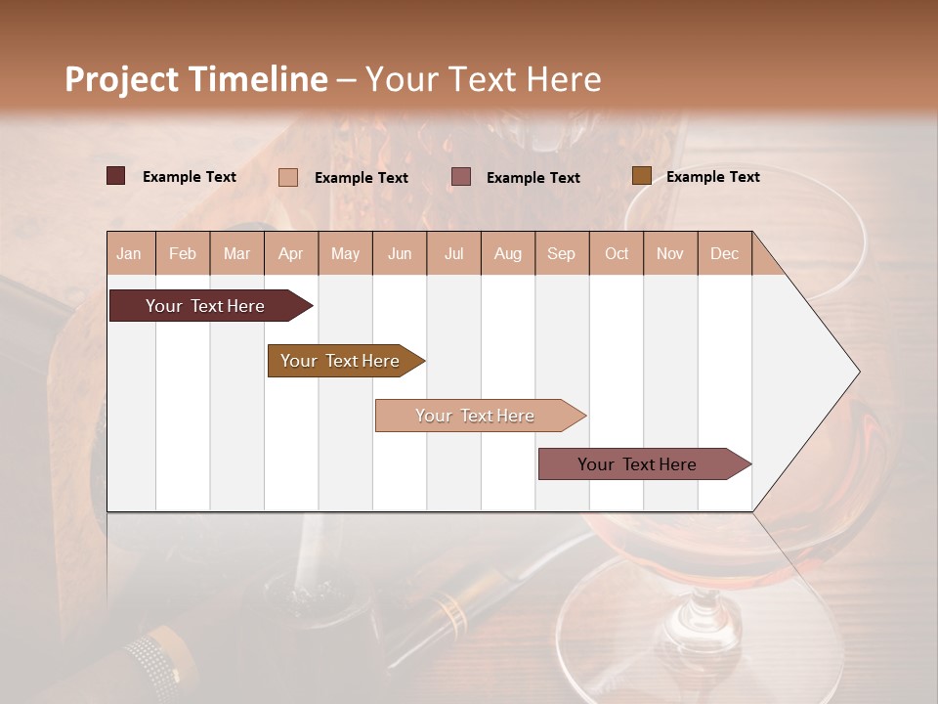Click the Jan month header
129,254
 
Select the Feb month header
183,254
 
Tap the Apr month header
290,254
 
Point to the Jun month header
400,254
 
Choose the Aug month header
507,254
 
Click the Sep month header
561,254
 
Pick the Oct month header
617,254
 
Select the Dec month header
724,254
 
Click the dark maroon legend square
116,176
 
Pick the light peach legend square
288,177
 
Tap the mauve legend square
461,177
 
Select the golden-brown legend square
641,176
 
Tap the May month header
345,254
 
